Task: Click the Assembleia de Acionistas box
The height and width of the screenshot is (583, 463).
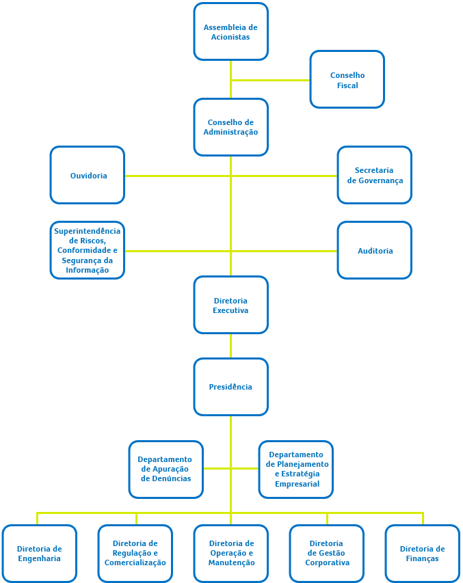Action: coord(230,31)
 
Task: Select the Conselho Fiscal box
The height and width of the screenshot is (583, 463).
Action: coord(347,79)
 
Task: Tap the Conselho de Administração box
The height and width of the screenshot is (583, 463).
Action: coord(230,127)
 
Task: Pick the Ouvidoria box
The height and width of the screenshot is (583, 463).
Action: coord(88,175)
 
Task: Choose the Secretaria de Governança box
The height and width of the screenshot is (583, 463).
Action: coord(374,175)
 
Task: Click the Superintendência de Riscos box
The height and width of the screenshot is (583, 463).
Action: coord(88,250)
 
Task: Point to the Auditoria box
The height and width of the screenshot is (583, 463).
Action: coord(374,250)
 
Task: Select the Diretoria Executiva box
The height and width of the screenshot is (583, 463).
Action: coord(230,305)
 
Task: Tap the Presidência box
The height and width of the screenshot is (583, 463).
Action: coord(230,387)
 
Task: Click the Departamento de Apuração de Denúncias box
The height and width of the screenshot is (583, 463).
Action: coord(166,469)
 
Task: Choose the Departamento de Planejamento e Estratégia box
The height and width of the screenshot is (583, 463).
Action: coord(296,469)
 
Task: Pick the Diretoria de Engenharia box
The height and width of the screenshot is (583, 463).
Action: coord(40,554)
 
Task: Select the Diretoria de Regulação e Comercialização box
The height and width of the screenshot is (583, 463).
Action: coord(135,554)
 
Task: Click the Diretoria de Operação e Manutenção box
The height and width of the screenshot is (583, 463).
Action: coord(230,554)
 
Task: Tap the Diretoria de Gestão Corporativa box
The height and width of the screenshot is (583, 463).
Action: coord(327,554)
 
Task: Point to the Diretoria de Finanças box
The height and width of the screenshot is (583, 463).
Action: coord(422,554)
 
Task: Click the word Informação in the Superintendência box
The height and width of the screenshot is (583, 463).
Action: coord(88,270)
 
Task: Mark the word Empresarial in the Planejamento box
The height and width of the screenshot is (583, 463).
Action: coord(297,484)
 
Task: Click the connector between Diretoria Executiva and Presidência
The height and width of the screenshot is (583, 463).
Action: coord(230,346)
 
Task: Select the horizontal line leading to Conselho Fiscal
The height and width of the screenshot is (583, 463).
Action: coord(270,80)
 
